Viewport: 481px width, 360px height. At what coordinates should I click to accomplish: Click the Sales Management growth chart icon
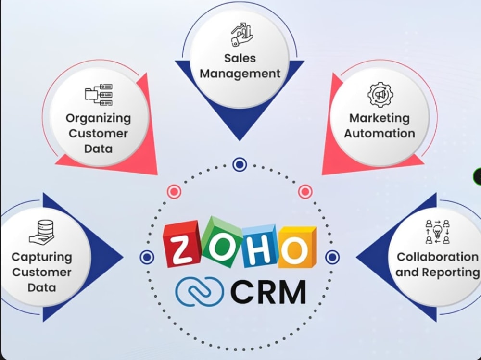(242, 34)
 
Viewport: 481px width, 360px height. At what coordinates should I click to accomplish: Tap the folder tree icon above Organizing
(99, 95)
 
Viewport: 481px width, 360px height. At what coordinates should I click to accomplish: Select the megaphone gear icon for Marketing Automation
(380, 95)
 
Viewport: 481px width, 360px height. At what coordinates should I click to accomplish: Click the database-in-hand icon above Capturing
(42, 232)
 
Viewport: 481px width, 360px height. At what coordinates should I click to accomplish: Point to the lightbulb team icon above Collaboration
(437, 232)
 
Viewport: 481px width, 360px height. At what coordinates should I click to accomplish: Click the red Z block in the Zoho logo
(181, 244)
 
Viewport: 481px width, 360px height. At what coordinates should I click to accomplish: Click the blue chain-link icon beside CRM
(199, 291)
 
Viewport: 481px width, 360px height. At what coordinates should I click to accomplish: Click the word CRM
(268, 292)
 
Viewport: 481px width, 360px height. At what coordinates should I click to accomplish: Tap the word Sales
(240, 58)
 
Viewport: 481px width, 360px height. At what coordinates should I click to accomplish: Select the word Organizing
(98, 119)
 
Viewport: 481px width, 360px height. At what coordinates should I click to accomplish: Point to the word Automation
(380, 134)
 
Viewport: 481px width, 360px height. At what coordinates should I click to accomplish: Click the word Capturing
(42, 258)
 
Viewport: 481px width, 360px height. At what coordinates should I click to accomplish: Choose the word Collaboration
(437, 257)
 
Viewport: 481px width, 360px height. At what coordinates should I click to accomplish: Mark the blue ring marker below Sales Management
(240, 165)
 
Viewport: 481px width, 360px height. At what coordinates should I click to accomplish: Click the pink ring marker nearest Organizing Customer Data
(174, 192)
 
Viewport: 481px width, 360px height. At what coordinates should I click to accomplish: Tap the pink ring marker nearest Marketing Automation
(305, 192)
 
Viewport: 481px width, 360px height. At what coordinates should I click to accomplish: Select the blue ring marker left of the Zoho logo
(147, 257)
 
